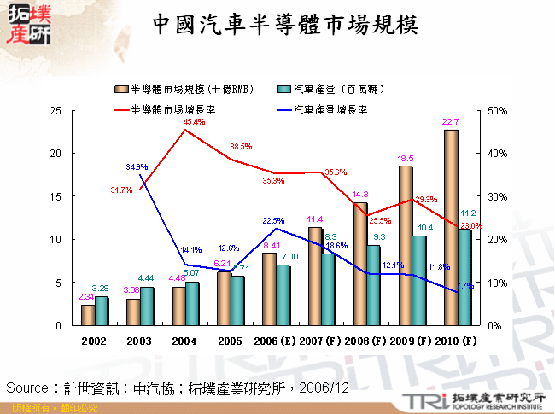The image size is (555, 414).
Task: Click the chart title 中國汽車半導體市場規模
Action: point(285,24)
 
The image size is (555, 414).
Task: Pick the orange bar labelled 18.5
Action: point(406,245)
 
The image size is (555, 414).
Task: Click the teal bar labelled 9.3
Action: point(373,285)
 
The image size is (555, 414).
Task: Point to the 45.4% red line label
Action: point(194,122)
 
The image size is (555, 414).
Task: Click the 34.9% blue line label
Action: point(137,166)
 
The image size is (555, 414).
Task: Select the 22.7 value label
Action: point(450,122)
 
